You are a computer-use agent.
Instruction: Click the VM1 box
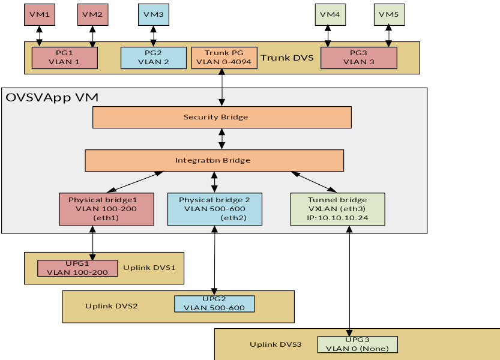(x=40, y=14)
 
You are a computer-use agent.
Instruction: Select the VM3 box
(x=154, y=14)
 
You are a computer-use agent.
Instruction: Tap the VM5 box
(x=389, y=14)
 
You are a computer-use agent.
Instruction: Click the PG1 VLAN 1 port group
(x=64, y=58)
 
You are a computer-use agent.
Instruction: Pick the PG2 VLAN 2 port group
(x=154, y=58)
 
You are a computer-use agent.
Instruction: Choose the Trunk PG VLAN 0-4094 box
(x=224, y=58)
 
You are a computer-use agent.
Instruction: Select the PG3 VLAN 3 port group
(x=358, y=58)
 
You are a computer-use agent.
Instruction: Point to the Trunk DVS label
(x=287, y=58)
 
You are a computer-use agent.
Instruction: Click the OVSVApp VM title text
(x=52, y=97)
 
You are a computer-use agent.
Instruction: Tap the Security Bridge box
(x=221, y=117)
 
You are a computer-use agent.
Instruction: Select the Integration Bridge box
(x=214, y=160)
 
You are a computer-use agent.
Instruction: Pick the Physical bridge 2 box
(x=214, y=209)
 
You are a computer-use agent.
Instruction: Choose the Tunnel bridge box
(x=337, y=209)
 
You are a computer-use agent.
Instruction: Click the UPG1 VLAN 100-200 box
(x=77, y=268)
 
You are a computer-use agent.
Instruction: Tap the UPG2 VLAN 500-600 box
(x=214, y=304)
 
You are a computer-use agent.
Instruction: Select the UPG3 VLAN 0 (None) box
(x=358, y=344)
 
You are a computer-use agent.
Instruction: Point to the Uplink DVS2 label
(x=112, y=306)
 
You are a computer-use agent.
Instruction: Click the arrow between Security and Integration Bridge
(x=222, y=139)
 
